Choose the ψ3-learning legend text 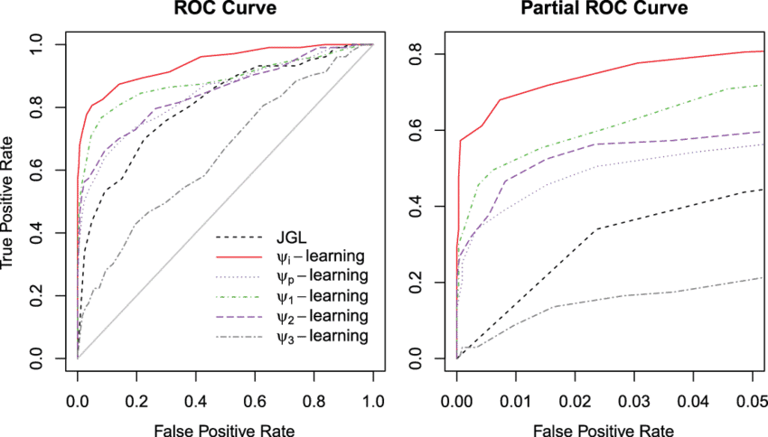tap(321, 336)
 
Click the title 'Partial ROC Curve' tap(604, 10)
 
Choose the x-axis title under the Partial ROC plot tap(604, 429)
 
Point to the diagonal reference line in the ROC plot tap(226, 201)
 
